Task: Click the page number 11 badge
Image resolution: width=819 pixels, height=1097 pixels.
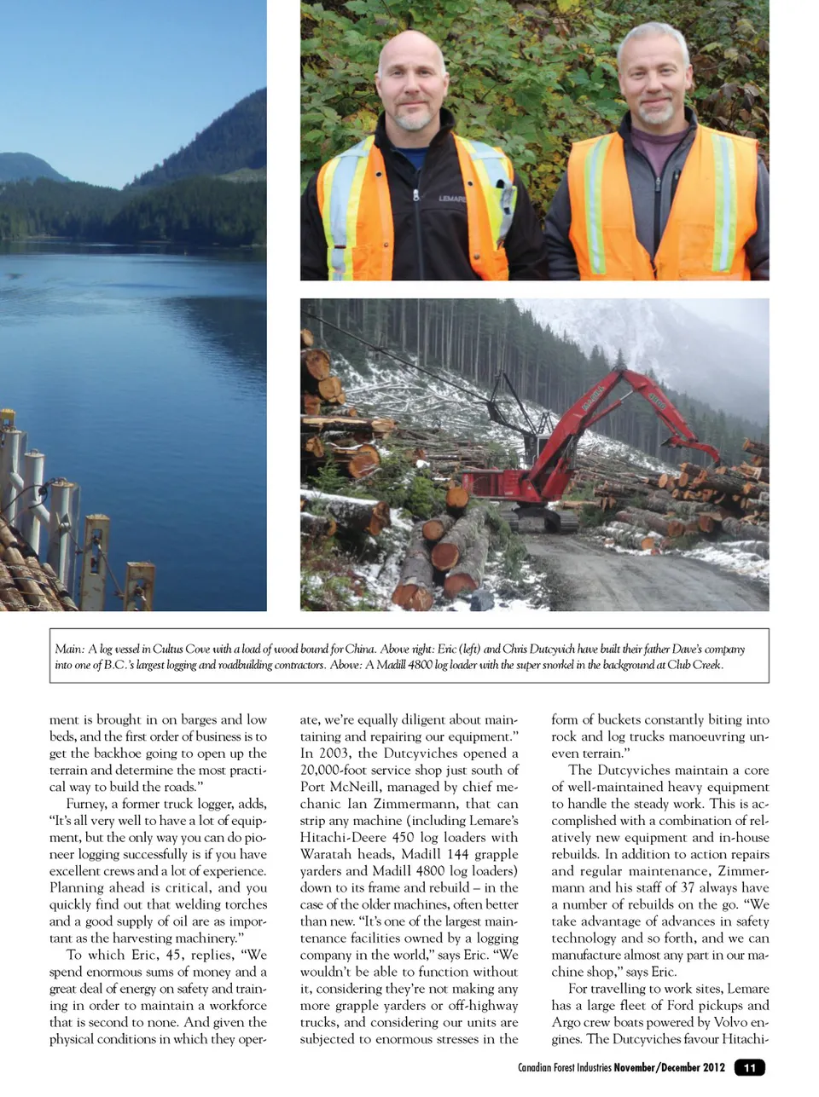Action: [x=749, y=1068]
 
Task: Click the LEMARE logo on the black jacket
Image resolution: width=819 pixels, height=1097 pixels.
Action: [x=452, y=198]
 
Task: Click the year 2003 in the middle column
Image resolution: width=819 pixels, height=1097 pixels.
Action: [x=333, y=753]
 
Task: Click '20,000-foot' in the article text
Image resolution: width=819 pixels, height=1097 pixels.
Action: [x=338, y=771]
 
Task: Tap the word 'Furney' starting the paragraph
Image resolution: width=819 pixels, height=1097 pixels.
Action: [x=85, y=804]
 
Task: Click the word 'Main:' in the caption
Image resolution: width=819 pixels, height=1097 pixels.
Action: [x=69, y=650]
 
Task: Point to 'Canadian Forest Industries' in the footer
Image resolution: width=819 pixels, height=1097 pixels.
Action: [x=564, y=1068]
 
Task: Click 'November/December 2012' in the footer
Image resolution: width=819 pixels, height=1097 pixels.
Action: [x=669, y=1068]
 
